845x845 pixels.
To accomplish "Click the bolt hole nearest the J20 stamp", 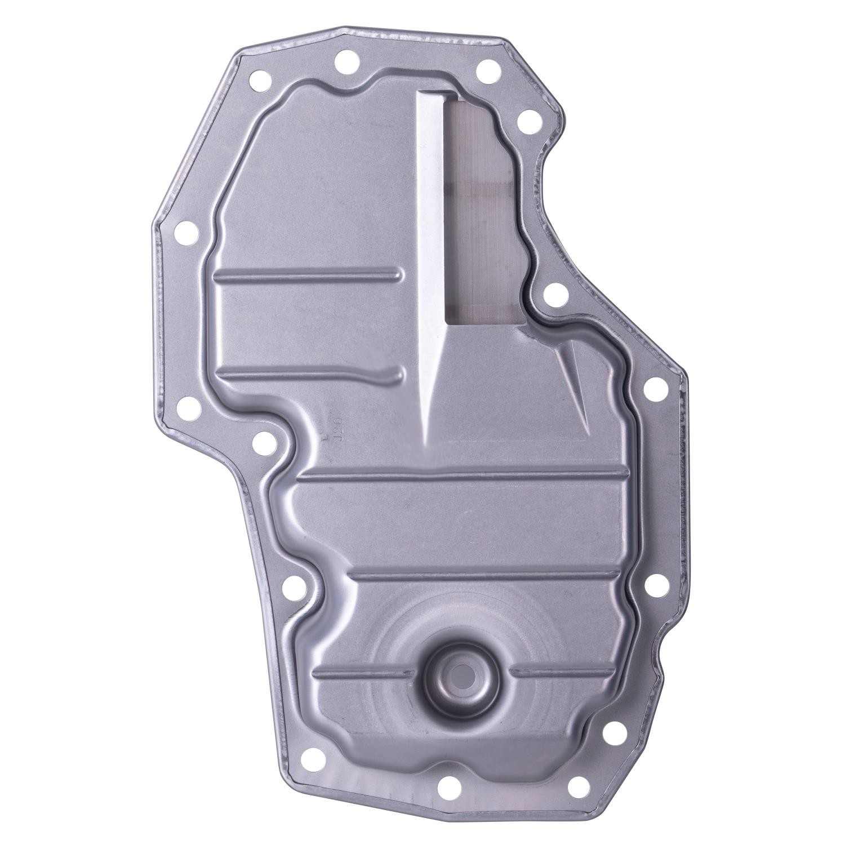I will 261,445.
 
